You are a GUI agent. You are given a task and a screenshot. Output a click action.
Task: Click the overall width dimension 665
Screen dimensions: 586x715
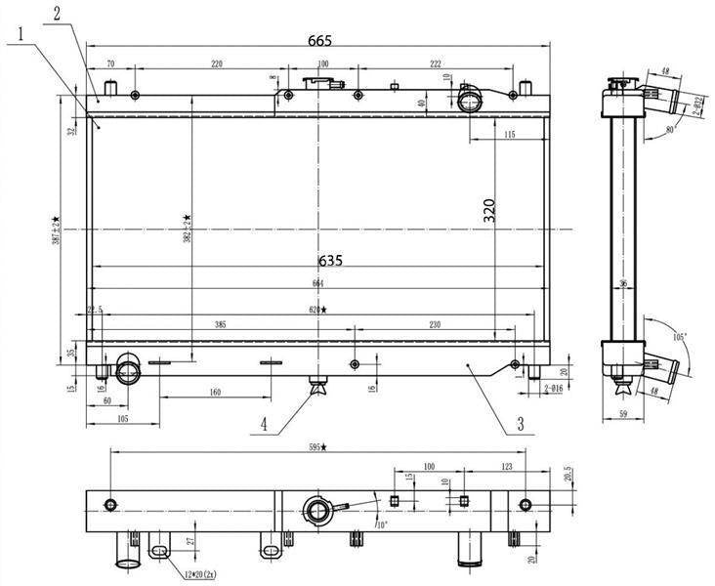(x=319, y=40)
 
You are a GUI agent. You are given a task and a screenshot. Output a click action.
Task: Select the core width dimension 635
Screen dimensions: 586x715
(x=330, y=262)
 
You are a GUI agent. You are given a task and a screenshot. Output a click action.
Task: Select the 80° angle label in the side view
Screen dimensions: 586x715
(x=670, y=128)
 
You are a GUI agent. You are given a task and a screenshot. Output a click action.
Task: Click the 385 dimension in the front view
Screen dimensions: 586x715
(x=221, y=323)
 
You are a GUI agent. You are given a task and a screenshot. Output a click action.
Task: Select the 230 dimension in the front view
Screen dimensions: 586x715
(x=434, y=323)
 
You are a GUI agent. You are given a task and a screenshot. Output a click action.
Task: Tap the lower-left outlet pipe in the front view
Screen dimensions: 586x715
(x=129, y=370)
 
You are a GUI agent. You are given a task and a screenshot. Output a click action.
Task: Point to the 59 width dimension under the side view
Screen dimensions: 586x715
(x=623, y=414)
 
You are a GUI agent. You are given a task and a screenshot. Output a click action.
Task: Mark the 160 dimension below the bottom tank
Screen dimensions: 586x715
(x=215, y=392)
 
